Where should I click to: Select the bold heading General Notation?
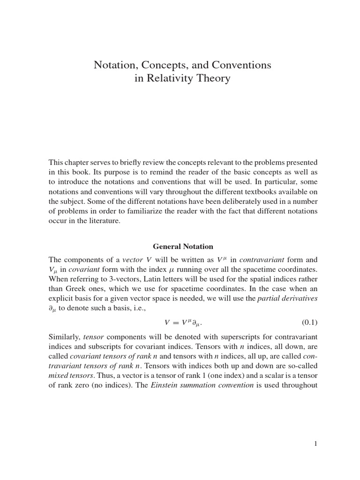click(x=183, y=246)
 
